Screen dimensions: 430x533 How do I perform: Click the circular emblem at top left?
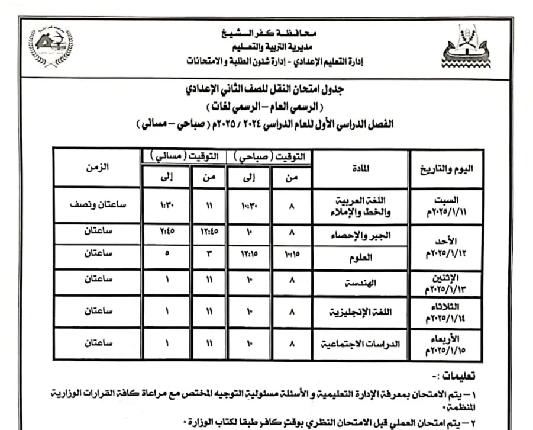click(x=51, y=47)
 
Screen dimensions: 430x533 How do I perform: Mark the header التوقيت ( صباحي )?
click(x=270, y=156)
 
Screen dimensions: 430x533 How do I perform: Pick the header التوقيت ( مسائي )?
click(x=183, y=156)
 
